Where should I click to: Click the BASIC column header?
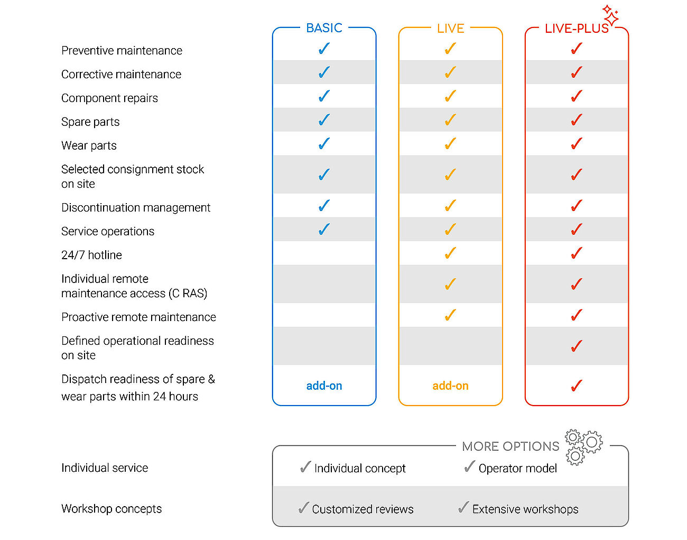point(324,28)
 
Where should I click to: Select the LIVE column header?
point(450,29)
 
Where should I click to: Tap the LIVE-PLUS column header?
point(577,29)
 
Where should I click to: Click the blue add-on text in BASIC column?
point(324,386)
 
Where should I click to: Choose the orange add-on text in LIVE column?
point(450,386)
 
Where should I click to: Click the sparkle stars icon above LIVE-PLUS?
point(610,15)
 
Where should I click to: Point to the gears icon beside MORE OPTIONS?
point(583,447)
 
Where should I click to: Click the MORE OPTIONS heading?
point(510,446)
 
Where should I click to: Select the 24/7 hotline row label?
point(91,255)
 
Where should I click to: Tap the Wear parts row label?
point(89,145)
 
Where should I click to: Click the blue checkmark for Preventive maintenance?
point(324,49)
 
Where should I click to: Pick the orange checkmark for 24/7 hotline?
point(450,253)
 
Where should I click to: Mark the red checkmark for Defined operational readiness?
point(577,346)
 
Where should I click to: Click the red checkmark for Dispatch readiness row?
point(577,386)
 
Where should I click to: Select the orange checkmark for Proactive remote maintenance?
point(450,315)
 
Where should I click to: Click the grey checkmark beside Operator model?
point(469,466)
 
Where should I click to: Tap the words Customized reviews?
point(363,509)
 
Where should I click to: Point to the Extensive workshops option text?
point(525,509)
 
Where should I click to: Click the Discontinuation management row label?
point(136,207)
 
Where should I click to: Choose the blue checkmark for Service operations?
point(324,229)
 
